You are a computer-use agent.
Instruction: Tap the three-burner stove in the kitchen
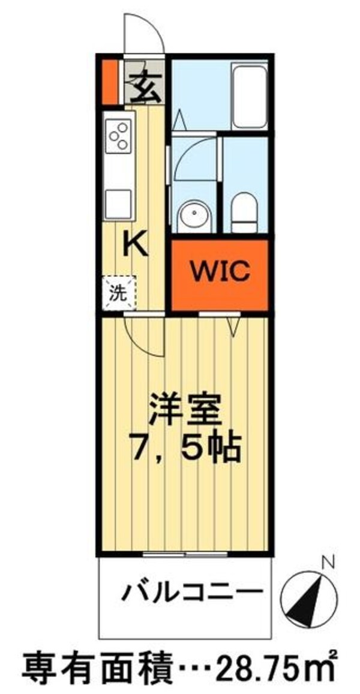[118, 136]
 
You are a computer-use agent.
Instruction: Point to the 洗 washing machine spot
[118, 293]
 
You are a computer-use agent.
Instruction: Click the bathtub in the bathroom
[249, 96]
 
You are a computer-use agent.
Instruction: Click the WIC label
[220, 273]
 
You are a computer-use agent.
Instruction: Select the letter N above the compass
[328, 563]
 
